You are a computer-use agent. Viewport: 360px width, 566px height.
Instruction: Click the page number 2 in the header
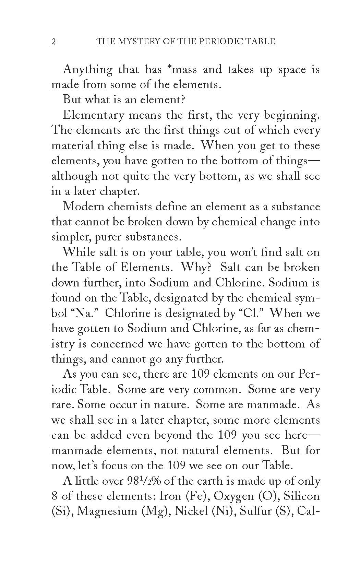coord(53,42)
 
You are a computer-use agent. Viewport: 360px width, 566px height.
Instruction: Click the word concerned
coord(115,344)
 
